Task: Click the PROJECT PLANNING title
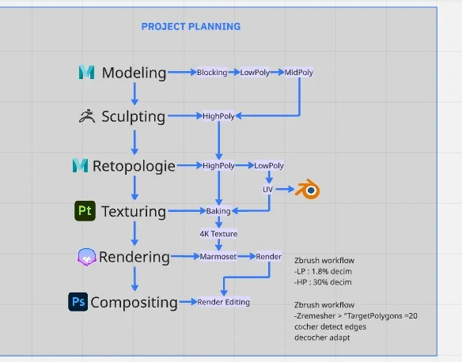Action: [x=191, y=27]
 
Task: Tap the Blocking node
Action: [x=212, y=73]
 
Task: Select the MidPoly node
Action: [x=298, y=73]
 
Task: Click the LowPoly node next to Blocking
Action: [x=255, y=73]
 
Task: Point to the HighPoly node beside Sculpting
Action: [x=218, y=116]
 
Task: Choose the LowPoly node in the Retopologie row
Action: [x=269, y=166]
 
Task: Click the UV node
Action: [x=267, y=190]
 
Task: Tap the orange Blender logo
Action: [x=308, y=189]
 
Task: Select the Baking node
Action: [x=218, y=211]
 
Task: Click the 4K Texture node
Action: [x=218, y=234]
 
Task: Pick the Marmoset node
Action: [x=218, y=257]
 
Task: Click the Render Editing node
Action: [x=224, y=302]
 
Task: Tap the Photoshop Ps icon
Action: [x=78, y=302]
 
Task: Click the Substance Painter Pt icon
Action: [x=85, y=211]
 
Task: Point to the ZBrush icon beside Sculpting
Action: [x=87, y=116]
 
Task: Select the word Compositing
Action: [x=134, y=303]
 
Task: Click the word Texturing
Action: [x=134, y=212]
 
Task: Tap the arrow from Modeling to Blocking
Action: [x=183, y=72]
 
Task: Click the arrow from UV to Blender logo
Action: [x=286, y=189]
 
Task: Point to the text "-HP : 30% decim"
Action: [x=323, y=282]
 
